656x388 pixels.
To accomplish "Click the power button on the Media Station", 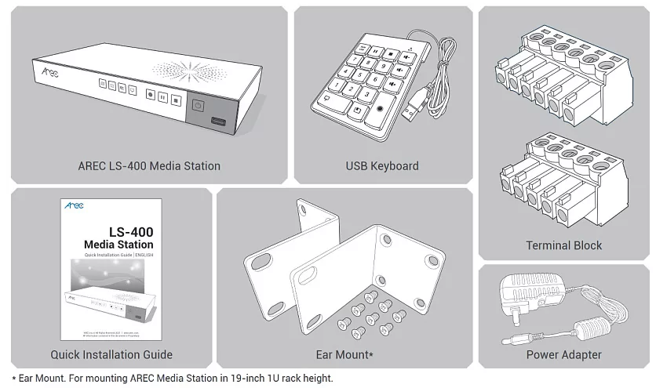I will (x=198, y=107).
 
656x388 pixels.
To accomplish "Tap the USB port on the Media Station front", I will (x=217, y=122).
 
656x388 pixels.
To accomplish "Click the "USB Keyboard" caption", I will (x=382, y=166).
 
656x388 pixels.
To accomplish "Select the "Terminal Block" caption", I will (x=564, y=246).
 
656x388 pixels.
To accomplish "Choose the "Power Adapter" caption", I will (x=564, y=355).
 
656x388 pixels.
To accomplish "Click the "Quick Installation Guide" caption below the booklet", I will (x=111, y=355).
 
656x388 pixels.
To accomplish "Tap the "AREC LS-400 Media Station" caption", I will (x=149, y=166).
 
